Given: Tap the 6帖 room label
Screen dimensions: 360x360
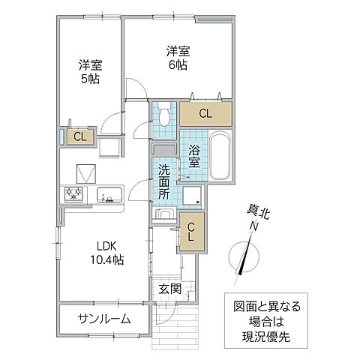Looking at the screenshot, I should point(177,58).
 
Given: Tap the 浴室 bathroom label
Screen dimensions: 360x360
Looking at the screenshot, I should point(193,154).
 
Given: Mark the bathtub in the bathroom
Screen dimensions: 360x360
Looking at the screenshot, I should point(218,156).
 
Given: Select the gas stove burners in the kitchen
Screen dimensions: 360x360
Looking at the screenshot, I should point(75,195).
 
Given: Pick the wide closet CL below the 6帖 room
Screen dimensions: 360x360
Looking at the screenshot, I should point(205,113).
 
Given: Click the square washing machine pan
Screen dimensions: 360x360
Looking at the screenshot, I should point(191,197).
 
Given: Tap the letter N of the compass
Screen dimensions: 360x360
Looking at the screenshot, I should point(253,226).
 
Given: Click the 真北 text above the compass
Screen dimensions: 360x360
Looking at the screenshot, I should point(254,212).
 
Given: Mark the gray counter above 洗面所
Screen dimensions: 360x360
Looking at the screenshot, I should point(164,148).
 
